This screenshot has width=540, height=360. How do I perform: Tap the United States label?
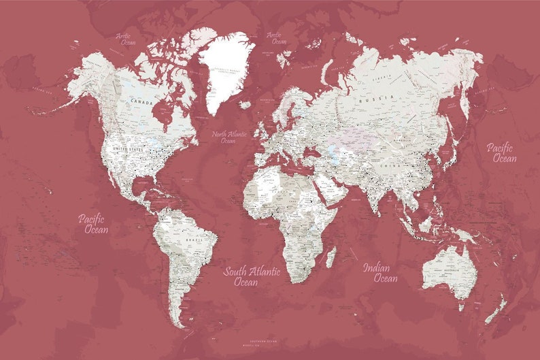coord(129,148)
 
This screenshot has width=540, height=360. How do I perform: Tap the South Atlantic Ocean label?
coord(252,276)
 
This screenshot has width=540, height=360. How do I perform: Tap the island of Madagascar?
coord(331,257)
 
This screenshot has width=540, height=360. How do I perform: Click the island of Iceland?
coord(246,105)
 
